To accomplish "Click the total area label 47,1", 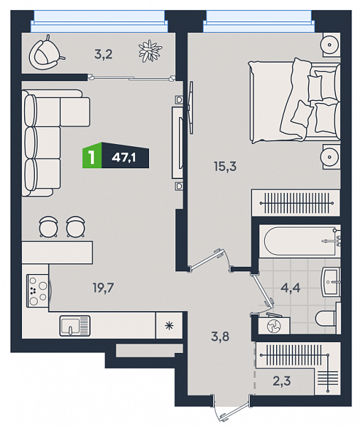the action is tap(124, 158).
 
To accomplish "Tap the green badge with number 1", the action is tap(92, 155).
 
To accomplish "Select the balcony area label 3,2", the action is tap(103, 55).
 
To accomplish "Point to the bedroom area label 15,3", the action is tap(225, 166).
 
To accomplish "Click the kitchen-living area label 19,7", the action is tap(103, 288).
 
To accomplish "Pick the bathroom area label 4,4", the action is tap(290, 288).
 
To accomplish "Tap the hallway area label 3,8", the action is tap(220, 337).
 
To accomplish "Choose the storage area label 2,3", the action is tap(282, 381).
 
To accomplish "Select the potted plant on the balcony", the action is tap(150, 51).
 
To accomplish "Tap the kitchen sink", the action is tap(75, 325).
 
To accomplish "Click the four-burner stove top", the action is tap(38, 290).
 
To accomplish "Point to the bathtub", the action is tap(300, 241).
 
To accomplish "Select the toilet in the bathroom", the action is tap(328, 318).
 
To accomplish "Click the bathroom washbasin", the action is tap(331, 282).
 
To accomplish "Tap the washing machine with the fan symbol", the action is tap(274, 324).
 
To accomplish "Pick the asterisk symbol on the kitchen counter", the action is tap(169, 325).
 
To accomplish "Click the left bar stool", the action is tap(48, 227).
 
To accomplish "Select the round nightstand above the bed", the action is tap(331, 45).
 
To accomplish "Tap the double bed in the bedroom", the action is tap(295, 101).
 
